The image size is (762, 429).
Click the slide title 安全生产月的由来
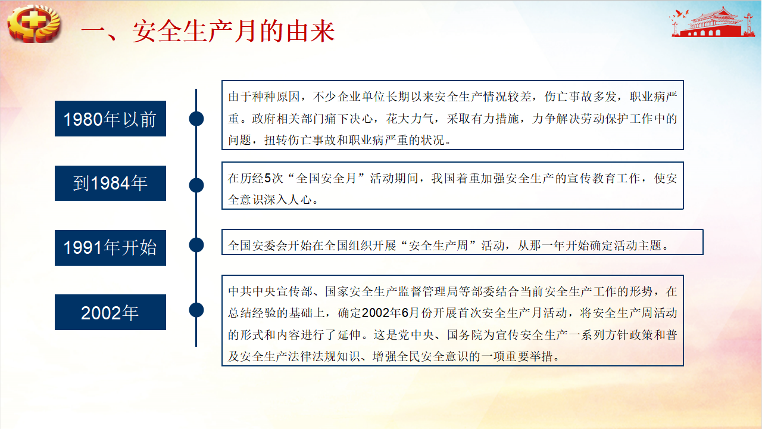[233, 32]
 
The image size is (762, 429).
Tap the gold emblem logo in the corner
[34, 23]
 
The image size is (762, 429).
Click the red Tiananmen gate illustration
[713, 23]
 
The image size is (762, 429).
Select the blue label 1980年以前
[110, 119]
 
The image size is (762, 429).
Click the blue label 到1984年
[110, 183]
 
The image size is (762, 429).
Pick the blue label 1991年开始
[110, 247]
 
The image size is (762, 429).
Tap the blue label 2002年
[110, 312]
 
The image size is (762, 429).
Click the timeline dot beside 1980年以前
[196, 119]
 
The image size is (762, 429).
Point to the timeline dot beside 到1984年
[196, 185]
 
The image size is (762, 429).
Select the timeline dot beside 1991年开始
[196, 245]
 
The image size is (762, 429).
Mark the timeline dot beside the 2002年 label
[196, 310]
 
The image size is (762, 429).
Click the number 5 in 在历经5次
[267, 178]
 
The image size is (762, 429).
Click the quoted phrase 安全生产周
[439, 245]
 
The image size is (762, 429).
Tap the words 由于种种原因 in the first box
[264, 97]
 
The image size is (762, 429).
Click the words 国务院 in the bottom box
[465, 335]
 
